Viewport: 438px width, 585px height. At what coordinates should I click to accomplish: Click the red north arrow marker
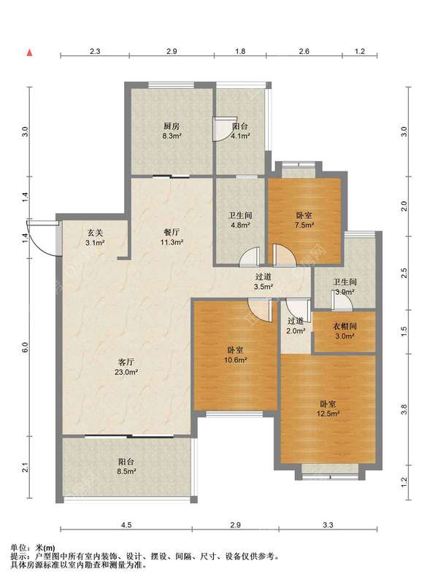[29, 53]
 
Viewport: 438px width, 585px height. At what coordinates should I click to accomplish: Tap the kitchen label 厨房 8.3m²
[172, 131]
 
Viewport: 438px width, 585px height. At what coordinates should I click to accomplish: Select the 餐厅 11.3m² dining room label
[172, 237]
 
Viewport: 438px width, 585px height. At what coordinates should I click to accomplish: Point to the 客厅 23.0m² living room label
[126, 367]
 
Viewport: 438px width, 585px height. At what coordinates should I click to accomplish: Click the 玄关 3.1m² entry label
[95, 238]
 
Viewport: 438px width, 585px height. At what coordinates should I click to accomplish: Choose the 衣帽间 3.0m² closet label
[345, 331]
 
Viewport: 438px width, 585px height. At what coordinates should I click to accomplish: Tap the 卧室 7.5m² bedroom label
[304, 220]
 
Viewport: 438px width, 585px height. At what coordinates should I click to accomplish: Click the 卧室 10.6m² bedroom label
[235, 355]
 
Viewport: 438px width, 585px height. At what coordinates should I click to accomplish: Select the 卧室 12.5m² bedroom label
[328, 408]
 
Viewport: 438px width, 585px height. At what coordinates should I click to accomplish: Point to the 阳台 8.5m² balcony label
[126, 466]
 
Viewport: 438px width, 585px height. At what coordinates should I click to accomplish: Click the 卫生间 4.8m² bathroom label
[240, 220]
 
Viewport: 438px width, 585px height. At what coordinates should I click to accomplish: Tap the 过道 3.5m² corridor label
[264, 282]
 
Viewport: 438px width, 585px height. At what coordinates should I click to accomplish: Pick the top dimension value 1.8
[240, 51]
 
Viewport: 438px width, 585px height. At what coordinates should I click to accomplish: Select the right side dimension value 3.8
[404, 410]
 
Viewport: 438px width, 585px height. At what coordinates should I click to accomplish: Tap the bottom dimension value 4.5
[126, 525]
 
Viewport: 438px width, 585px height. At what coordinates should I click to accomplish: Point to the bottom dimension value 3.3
[328, 525]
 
